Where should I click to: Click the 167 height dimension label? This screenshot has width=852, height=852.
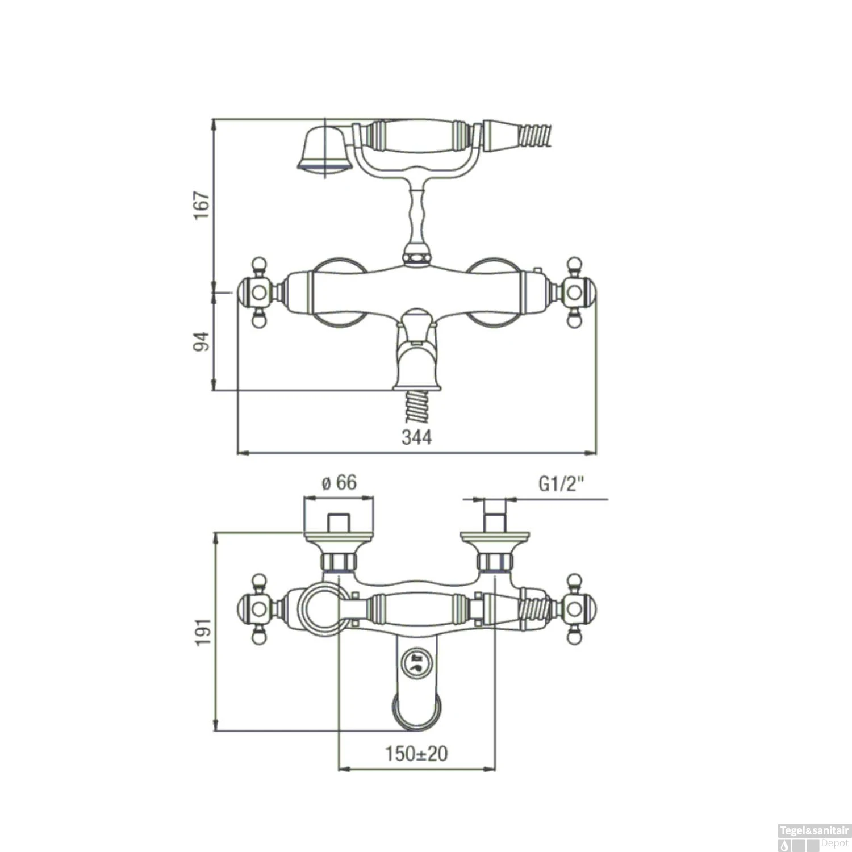click(x=202, y=206)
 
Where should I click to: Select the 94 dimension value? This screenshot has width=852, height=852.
click(x=202, y=341)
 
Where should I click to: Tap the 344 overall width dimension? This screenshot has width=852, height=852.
click(x=416, y=437)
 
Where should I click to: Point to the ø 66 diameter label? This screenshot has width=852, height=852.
click(x=339, y=483)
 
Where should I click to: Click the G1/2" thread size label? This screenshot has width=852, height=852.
click(x=561, y=484)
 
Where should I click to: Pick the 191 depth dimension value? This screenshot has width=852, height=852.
click(x=203, y=632)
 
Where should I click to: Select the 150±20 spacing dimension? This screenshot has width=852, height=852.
click(x=416, y=754)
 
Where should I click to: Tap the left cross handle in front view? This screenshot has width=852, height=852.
click(x=258, y=293)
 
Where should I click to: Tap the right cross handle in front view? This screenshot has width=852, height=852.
click(x=575, y=293)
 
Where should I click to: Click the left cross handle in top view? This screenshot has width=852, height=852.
click(x=258, y=609)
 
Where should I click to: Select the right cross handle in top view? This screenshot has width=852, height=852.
click(x=575, y=609)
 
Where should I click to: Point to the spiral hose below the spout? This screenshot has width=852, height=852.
click(x=417, y=407)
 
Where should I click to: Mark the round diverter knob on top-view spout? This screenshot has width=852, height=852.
click(x=416, y=663)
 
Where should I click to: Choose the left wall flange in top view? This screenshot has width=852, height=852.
click(x=339, y=536)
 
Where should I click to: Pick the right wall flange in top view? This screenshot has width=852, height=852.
click(x=495, y=536)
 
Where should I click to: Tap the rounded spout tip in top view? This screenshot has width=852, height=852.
click(x=416, y=713)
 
